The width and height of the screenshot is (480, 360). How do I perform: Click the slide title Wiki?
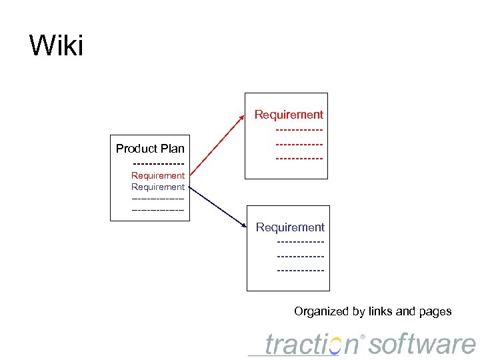[x=56, y=47]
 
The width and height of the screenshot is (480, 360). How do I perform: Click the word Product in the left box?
[x=137, y=149]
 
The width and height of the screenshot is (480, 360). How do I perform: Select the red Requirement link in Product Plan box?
[x=158, y=175]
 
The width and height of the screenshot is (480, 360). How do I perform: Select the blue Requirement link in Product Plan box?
[x=158, y=187]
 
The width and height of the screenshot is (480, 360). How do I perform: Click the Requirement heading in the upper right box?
[x=289, y=115]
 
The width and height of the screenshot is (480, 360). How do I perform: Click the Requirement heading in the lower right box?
[x=290, y=227]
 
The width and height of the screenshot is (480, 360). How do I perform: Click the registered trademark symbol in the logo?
[x=363, y=336]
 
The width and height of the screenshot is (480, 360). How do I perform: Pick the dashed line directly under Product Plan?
[x=158, y=163]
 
